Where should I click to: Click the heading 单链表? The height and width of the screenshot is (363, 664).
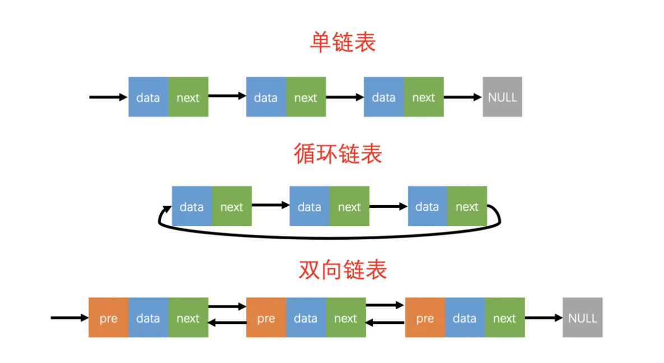(342, 43)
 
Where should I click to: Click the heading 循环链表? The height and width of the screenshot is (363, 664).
(338, 153)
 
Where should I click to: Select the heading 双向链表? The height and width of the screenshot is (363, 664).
(342, 269)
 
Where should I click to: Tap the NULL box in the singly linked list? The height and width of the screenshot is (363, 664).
(502, 97)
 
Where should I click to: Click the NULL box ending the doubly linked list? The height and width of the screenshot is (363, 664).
(582, 318)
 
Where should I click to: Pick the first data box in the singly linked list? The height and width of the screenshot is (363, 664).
(148, 97)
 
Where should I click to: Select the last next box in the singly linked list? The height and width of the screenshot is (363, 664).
(424, 97)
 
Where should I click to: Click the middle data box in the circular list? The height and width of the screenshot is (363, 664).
(309, 206)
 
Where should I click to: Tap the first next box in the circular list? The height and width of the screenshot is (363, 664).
(231, 206)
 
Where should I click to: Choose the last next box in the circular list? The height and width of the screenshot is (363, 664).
(467, 206)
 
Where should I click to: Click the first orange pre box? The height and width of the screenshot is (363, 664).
(108, 318)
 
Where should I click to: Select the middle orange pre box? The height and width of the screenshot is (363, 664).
(266, 318)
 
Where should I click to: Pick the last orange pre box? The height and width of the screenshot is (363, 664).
(425, 318)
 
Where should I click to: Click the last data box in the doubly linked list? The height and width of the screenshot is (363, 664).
(465, 318)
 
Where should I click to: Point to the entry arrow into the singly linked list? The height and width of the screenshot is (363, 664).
(108, 97)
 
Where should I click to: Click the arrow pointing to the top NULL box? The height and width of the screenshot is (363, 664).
(463, 97)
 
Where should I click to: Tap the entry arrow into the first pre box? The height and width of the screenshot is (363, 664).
(69, 318)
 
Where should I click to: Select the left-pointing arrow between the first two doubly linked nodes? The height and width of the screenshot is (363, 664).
(227, 323)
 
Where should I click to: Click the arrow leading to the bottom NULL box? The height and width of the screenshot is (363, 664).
(544, 318)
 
